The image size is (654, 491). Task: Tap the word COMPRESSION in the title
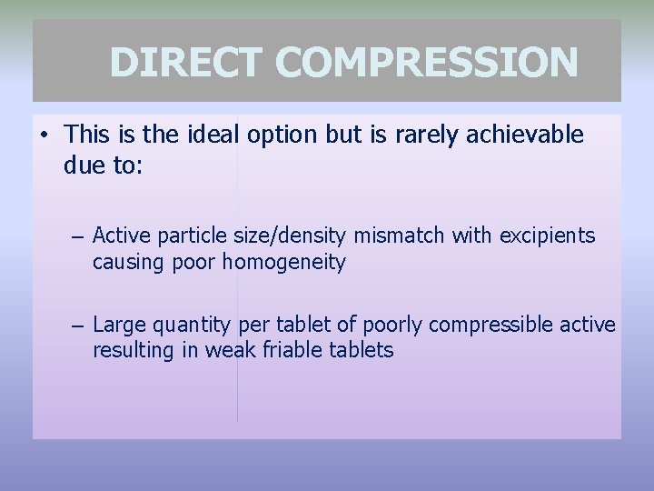pyautogui.click(x=427, y=63)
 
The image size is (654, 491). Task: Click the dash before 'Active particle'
pyautogui.click(x=79, y=237)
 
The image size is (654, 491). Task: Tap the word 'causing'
pyautogui.click(x=125, y=263)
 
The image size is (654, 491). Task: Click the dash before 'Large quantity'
pyautogui.click(x=79, y=326)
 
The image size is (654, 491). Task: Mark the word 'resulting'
pyautogui.click(x=128, y=351)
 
